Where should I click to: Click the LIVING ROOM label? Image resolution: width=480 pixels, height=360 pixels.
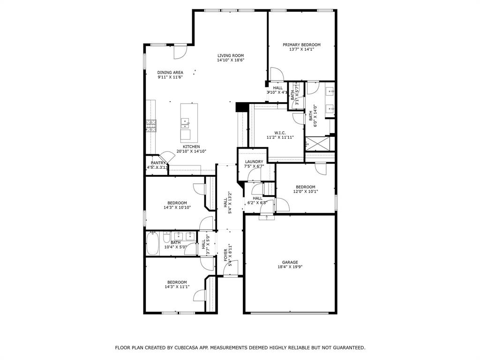coord(230,55)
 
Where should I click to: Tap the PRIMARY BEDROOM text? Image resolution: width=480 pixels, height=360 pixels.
coord(301,45)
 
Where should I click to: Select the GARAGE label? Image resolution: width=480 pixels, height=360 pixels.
coord(290,262)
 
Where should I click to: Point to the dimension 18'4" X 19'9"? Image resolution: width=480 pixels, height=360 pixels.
coord(290,267)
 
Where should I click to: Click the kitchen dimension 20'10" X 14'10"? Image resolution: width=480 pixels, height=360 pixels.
coord(191,151)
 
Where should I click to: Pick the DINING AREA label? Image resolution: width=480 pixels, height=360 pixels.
coord(170,72)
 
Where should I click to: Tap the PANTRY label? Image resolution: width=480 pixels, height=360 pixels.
coord(158,163)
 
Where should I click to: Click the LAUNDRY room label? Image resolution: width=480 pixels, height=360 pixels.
coord(254,162)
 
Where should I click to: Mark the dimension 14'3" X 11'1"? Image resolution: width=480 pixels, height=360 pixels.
coord(177,287)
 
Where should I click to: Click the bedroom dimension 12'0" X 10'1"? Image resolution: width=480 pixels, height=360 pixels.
coord(305,191)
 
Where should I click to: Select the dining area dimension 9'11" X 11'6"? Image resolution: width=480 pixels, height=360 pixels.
coord(170,77)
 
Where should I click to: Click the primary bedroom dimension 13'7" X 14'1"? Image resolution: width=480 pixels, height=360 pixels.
coord(301,49)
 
